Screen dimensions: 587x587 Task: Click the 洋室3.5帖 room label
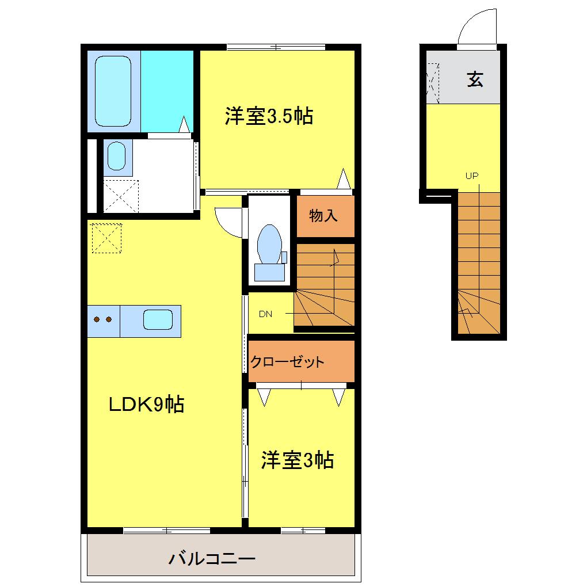click(x=269, y=117)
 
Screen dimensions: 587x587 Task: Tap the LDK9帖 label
click(x=147, y=405)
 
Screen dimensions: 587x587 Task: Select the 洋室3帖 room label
click(x=298, y=460)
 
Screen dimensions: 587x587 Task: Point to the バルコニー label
click(x=211, y=558)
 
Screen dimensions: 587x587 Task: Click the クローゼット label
click(x=287, y=363)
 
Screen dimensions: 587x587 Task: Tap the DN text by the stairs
click(x=265, y=314)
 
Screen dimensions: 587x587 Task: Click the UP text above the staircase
click(x=472, y=176)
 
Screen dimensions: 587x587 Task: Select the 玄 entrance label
click(x=475, y=79)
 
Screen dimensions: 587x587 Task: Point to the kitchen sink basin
click(x=158, y=319)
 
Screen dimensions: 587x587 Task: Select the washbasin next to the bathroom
click(x=117, y=155)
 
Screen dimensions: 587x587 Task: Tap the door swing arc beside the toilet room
click(x=230, y=222)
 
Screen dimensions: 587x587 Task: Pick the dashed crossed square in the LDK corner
click(x=107, y=238)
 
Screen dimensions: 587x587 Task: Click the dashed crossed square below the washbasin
click(x=121, y=196)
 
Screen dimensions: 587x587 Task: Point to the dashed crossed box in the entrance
click(x=432, y=83)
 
